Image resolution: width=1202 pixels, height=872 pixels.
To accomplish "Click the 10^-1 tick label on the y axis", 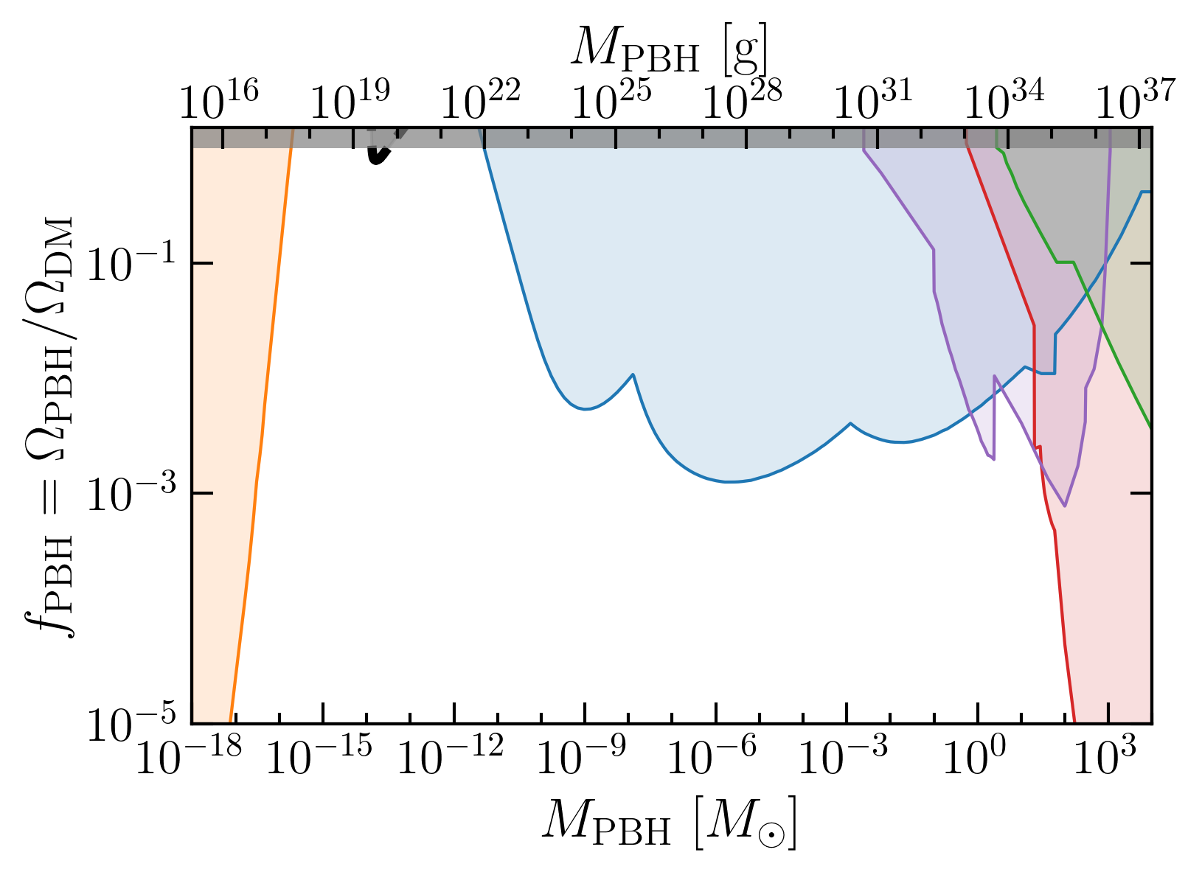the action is click(x=131, y=263).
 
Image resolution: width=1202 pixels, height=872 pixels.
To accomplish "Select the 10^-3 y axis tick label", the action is click(x=131, y=493).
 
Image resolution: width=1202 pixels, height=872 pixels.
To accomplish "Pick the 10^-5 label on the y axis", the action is click(x=131, y=723).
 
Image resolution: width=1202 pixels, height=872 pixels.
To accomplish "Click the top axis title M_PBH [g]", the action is click(x=670, y=49).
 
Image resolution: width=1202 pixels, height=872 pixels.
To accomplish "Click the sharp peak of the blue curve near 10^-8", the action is click(x=633, y=374).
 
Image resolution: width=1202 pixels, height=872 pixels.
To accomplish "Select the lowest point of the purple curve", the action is click(x=1065, y=506).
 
